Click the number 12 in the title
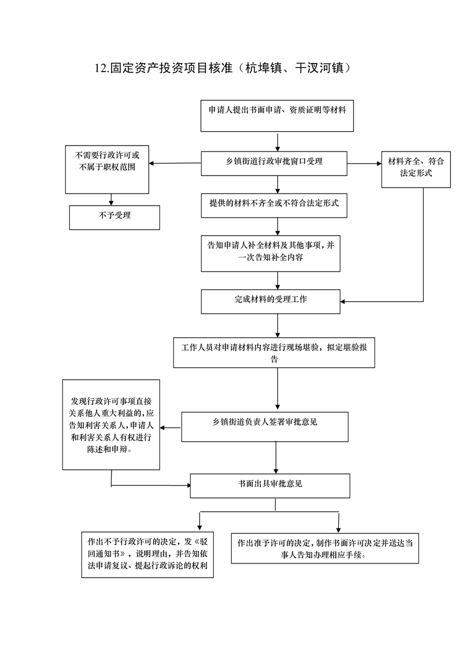pos(101,68)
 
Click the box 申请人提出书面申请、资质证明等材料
pos(277,116)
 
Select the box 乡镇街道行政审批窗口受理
pos(274,163)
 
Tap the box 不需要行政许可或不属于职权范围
pos(107,169)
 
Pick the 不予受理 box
pos(114,217)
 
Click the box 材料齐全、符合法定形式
pos(416,169)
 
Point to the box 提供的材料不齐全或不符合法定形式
pos(274,206)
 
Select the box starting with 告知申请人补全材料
pos(271,254)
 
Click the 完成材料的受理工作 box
pos(271,301)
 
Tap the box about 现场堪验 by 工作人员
pos(274,352)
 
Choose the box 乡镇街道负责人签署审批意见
pos(265,426)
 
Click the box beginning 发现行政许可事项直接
pos(111,424)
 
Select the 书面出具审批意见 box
pos(270,486)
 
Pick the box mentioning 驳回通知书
pos(147,554)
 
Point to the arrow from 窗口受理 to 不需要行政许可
pos(175,163)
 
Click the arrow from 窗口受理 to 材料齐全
pos(364,163)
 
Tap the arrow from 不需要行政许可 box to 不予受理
pos(111,200)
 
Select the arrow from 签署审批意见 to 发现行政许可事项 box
pos(171,428)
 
